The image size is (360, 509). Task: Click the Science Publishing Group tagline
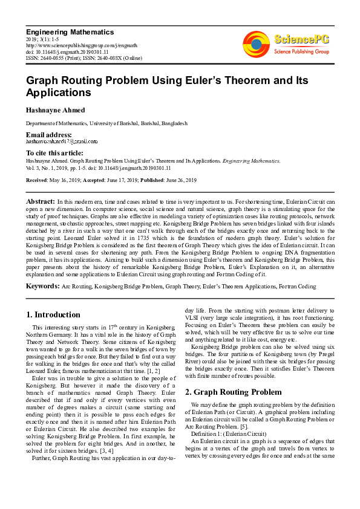tap(301, 53)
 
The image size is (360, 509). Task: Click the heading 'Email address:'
tap(48, 134)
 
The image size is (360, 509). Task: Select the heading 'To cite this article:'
tap(54, 154)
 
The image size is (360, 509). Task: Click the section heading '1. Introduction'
tap(53, 314)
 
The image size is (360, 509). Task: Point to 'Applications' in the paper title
tap(59, 93)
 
